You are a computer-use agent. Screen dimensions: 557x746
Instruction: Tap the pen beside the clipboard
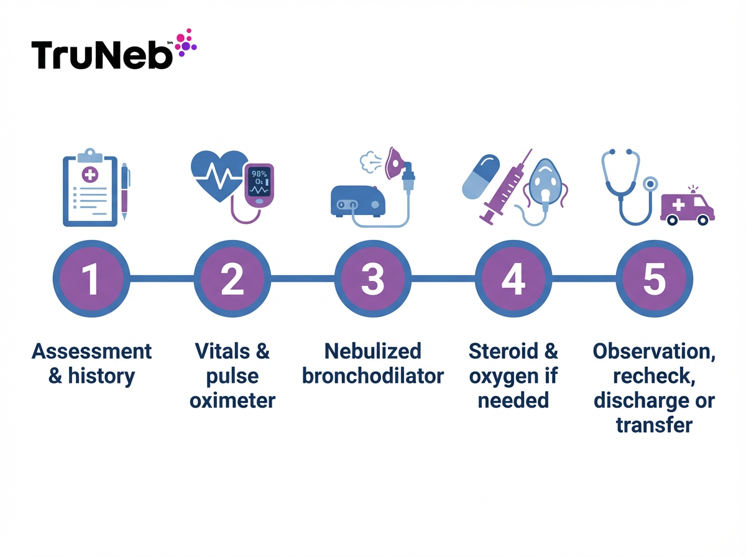[124, 191]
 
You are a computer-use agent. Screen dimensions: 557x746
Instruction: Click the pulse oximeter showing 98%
[259, 183]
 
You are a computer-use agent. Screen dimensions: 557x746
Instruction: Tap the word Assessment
[91, 351]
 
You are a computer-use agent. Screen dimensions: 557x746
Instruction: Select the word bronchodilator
[372, 376]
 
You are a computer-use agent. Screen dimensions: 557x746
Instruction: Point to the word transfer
[653, 425]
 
